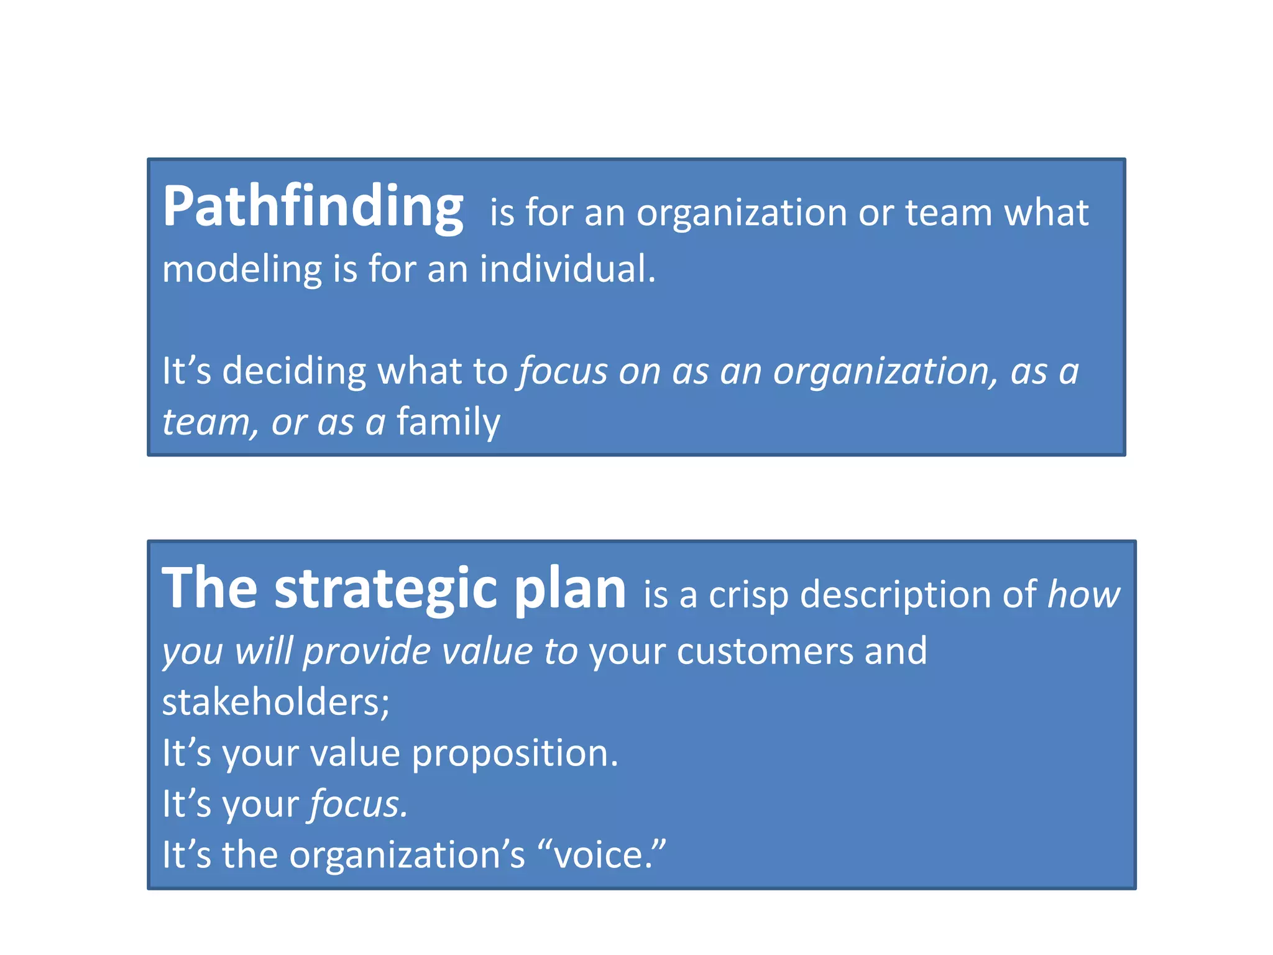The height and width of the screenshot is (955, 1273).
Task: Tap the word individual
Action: coord(567,269)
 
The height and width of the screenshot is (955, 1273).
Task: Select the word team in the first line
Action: coord(949,213)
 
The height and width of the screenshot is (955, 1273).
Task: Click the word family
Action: coord(448,423)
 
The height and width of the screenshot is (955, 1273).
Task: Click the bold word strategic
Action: coord(386,589)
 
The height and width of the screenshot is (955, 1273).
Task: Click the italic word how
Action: coord(1083,595)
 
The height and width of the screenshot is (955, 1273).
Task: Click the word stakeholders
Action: coord(275,703)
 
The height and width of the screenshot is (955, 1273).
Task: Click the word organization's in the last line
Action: coord(407,855)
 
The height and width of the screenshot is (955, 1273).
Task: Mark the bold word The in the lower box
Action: coord(209,589)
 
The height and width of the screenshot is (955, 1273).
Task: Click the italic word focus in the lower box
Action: coord(358,805)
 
